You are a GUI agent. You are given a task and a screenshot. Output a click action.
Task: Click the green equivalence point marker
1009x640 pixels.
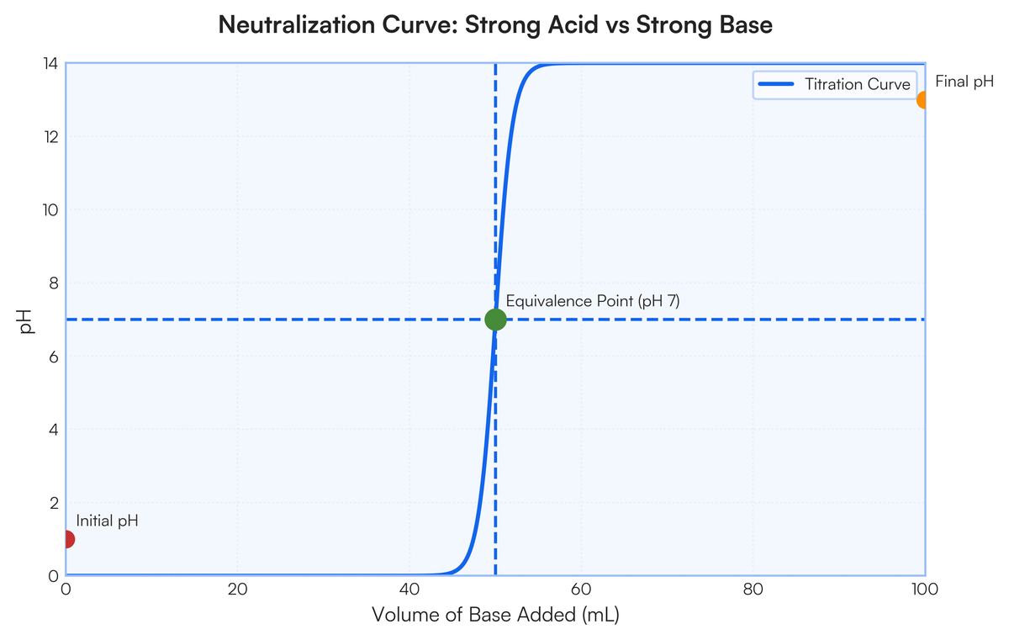tap(495, 320)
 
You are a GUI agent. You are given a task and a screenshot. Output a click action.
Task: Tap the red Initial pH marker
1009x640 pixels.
tap(67, 539)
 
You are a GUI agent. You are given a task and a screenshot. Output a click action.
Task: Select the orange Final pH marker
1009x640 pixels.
tap(923, 99)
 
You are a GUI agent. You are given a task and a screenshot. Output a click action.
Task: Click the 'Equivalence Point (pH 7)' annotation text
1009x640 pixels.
tap(592, 301)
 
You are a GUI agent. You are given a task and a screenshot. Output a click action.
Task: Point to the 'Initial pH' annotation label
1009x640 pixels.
tap(107, 521)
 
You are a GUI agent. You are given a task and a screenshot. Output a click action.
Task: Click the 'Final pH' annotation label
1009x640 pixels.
tap(964, 82)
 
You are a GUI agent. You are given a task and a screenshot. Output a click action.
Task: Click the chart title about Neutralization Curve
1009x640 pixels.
tap(495, 25)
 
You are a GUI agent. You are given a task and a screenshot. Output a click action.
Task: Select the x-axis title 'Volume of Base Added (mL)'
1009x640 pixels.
tap(495, 616)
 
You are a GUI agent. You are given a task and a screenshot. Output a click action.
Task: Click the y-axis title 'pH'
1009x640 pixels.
tap(27, 320)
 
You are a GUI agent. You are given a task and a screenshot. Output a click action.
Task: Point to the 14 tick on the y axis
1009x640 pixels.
tap(50, 63)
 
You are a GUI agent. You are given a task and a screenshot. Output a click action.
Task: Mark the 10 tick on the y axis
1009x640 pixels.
tap(50, 209)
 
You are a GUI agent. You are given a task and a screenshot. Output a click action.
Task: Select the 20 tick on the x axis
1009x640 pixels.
tap(238, 589)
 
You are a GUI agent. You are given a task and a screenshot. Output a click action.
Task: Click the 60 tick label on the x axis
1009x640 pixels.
tap(581, 589)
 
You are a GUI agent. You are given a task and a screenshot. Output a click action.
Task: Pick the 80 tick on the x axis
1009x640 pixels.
tap(753, 589)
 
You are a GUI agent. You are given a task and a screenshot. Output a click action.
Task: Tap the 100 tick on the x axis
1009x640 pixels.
tap(924, 589)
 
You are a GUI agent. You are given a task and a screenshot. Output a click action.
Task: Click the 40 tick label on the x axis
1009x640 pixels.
tap(409, 589)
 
